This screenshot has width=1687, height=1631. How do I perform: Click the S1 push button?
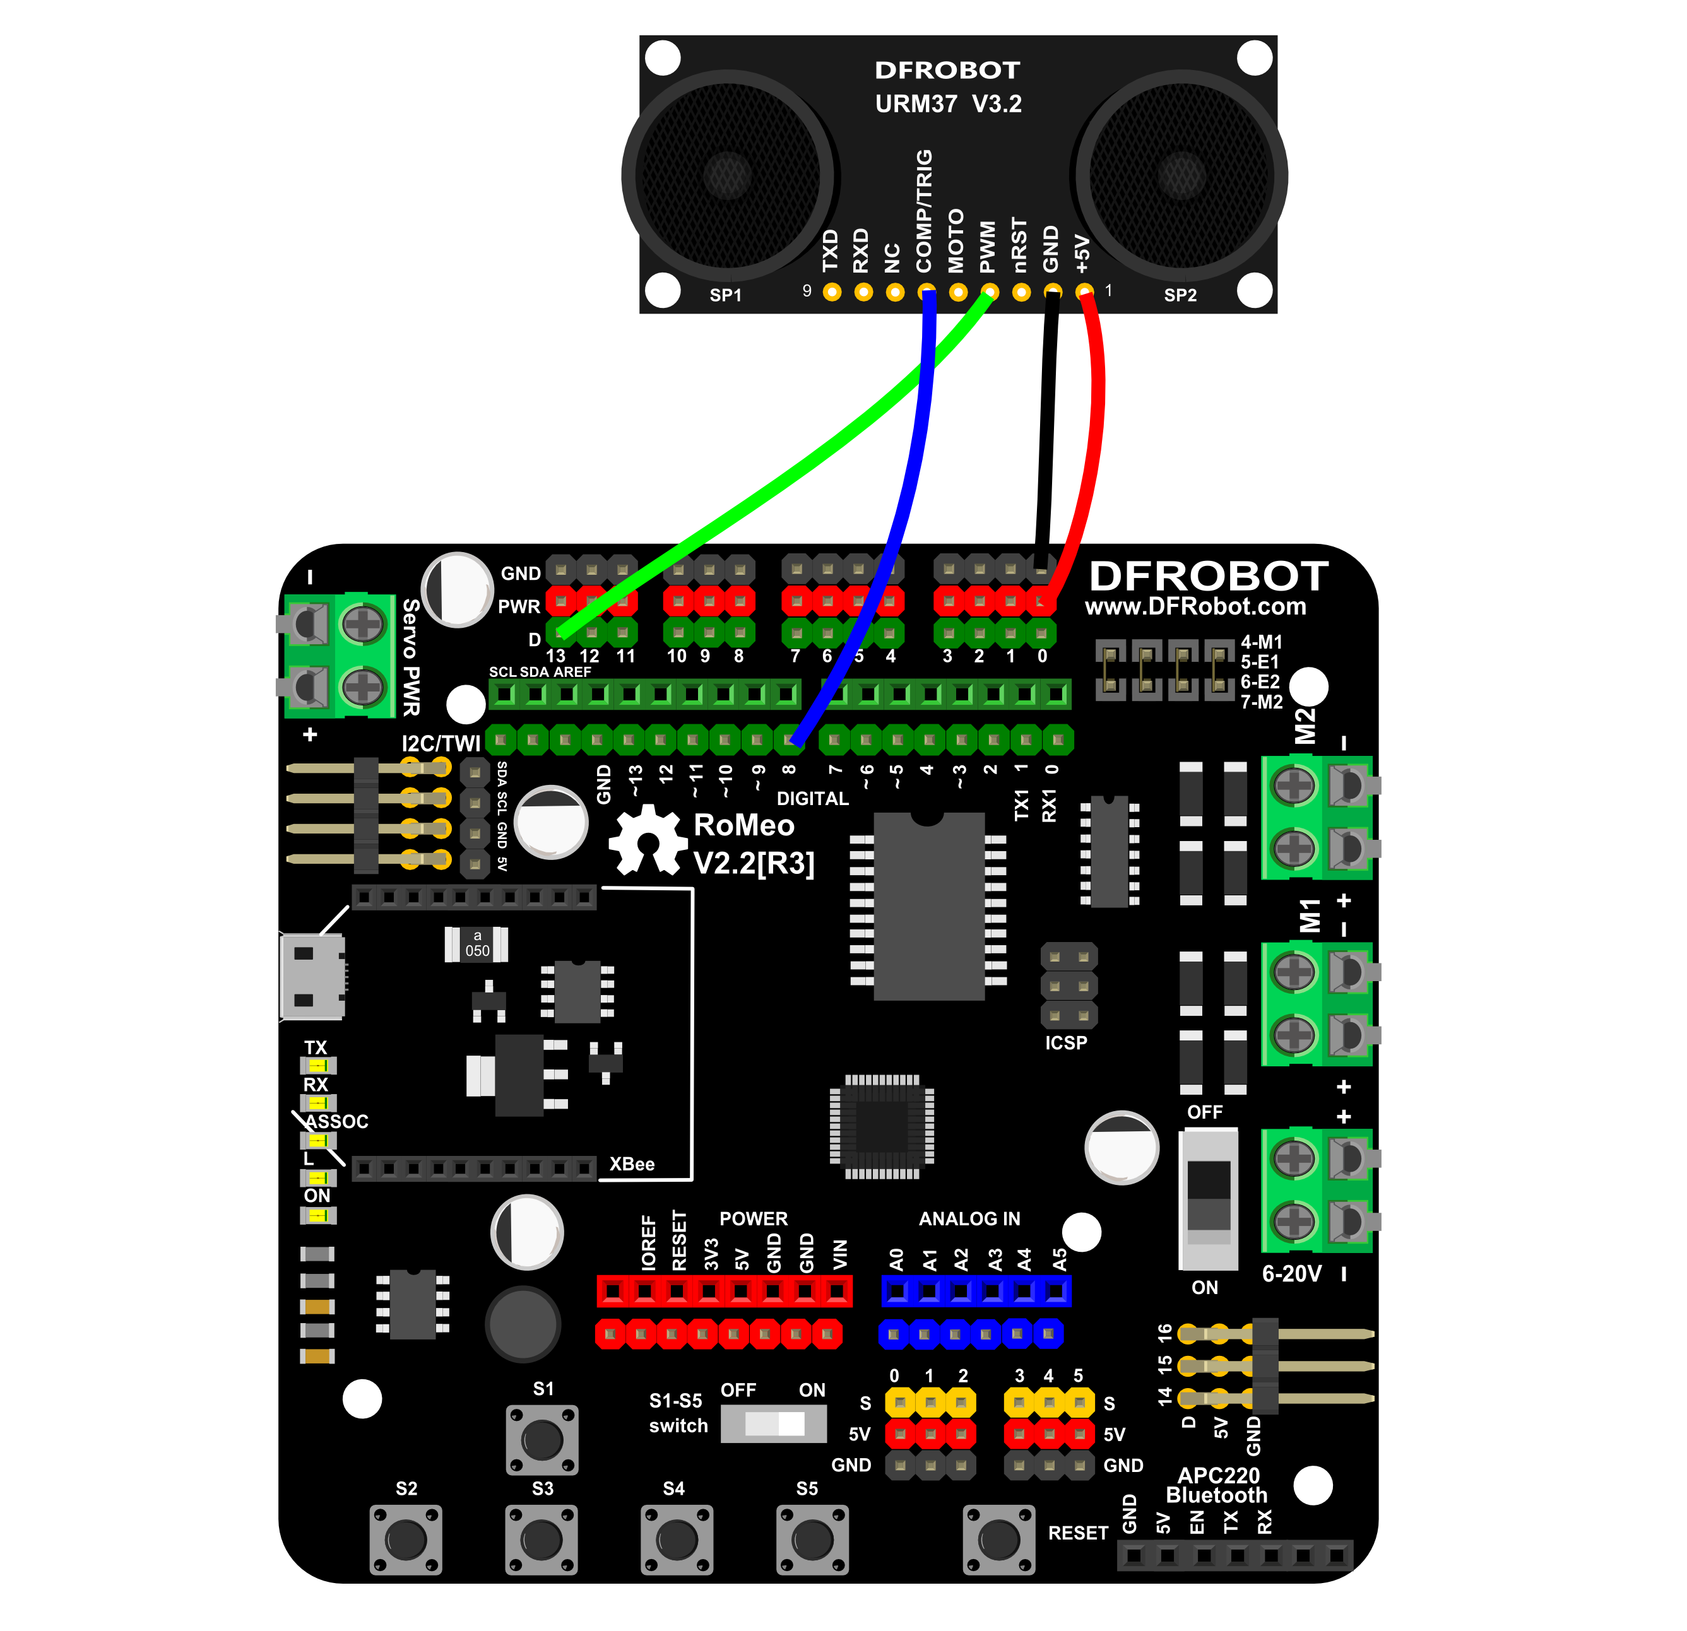pyautogui.click(x=542, y=1440)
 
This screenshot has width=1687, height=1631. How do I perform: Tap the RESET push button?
pyautogui.click(x=998, y=1540)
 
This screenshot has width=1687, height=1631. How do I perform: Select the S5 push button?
pyautogui.click(x=812, y=1540)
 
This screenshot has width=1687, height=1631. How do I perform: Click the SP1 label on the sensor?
pyautogui.click(x=726, y=295)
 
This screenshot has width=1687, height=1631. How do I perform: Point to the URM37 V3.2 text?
pyautogui.click(x=949, y=104)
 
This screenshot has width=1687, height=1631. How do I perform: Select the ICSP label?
pyautogui.click(x=1067, y=1043)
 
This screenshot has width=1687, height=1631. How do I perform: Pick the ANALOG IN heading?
pyautogui.click(x=969, y=1219)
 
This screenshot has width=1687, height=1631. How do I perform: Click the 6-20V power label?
pyautogui.click(x=1292, y=1274)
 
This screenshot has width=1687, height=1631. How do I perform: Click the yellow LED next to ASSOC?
pyautogui.click(x=317, y=1140)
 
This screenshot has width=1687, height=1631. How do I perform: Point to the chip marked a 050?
pyautogui.click(x=476, y=944)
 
